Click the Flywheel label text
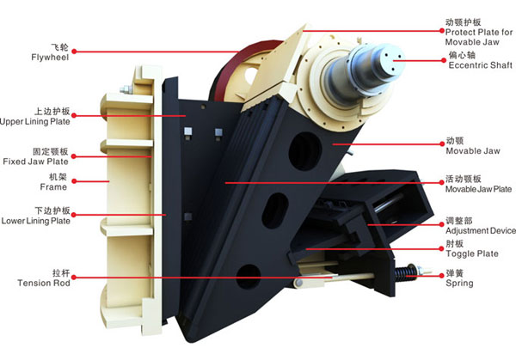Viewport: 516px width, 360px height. (50, 58)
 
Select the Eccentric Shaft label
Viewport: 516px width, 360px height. (481, 65)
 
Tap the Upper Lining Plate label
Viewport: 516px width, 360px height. (35, 122)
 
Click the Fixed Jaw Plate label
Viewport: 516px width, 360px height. (35, 162)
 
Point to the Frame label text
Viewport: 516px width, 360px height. (53, 187)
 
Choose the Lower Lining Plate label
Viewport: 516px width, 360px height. (36, 221)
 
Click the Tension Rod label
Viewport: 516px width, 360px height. (44, 283)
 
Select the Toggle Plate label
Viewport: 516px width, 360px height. (472, 253)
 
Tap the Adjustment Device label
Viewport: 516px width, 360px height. (481, 231)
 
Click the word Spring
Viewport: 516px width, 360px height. (459, 284)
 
